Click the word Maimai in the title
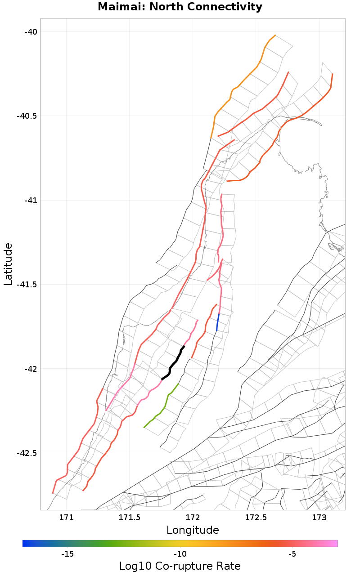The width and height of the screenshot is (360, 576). click(118, 7)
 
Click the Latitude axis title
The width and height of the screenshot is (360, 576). click(8, 264)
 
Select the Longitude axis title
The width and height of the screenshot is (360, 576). click(193, 530)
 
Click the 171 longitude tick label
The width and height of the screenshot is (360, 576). click(66, 518)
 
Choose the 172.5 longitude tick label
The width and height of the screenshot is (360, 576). click(256, 518)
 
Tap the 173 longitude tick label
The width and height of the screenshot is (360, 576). click(319, 518)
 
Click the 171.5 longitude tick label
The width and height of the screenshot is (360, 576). click(129, 518)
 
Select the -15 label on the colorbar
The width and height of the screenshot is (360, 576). click(67, 554)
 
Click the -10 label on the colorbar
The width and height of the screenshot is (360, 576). click(180, 554)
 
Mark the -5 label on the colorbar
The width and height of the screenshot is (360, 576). click(292, 554)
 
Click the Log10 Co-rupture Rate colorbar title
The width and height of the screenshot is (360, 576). click(180, 566)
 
